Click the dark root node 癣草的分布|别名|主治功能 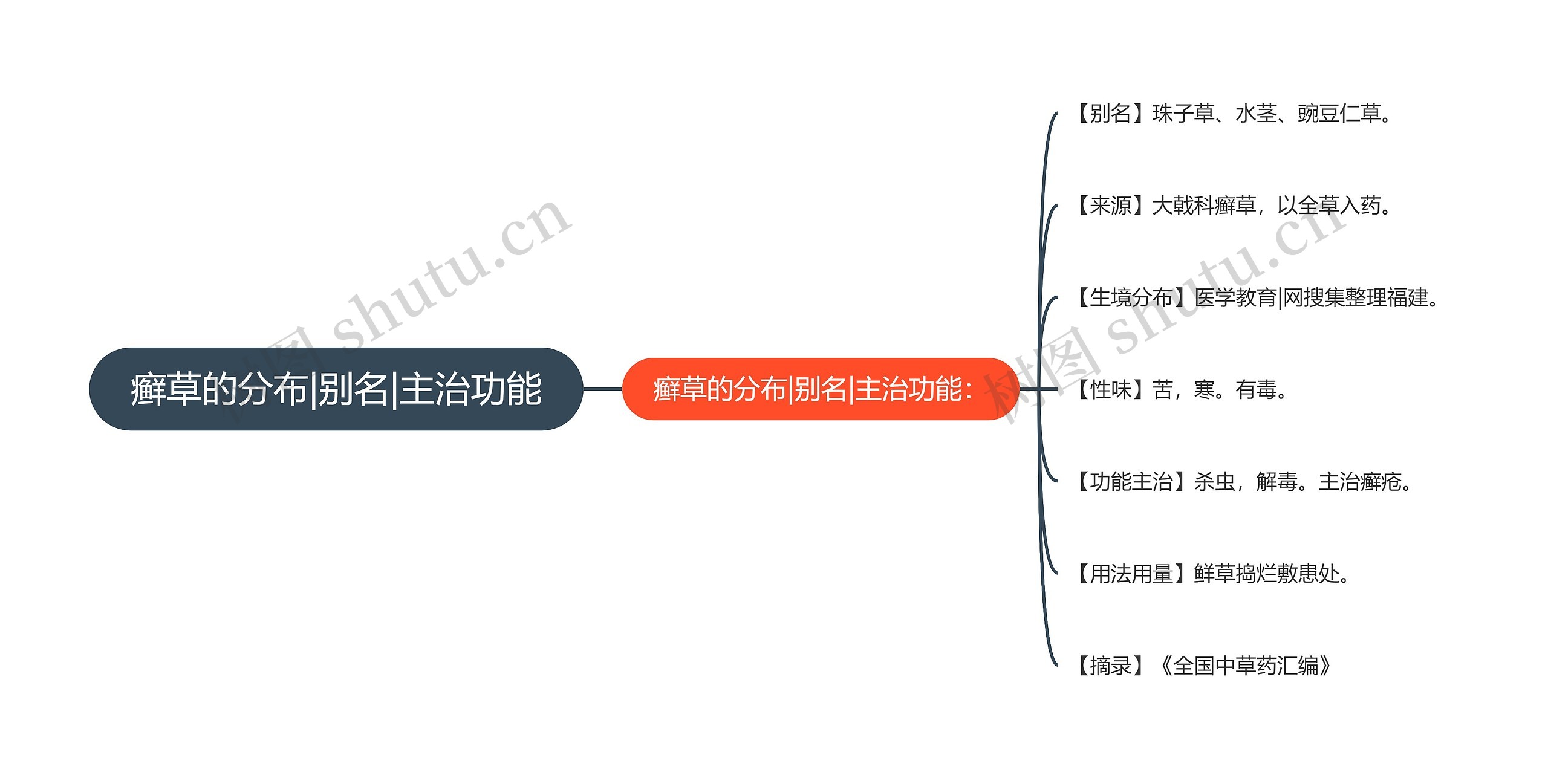pos(336,389)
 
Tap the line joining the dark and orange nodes pos(602,389)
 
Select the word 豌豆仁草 pos(1339,114)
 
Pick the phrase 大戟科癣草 pos(1204,206)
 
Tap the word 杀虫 pos(1214,482)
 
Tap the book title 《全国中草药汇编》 pos(1246,666)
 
